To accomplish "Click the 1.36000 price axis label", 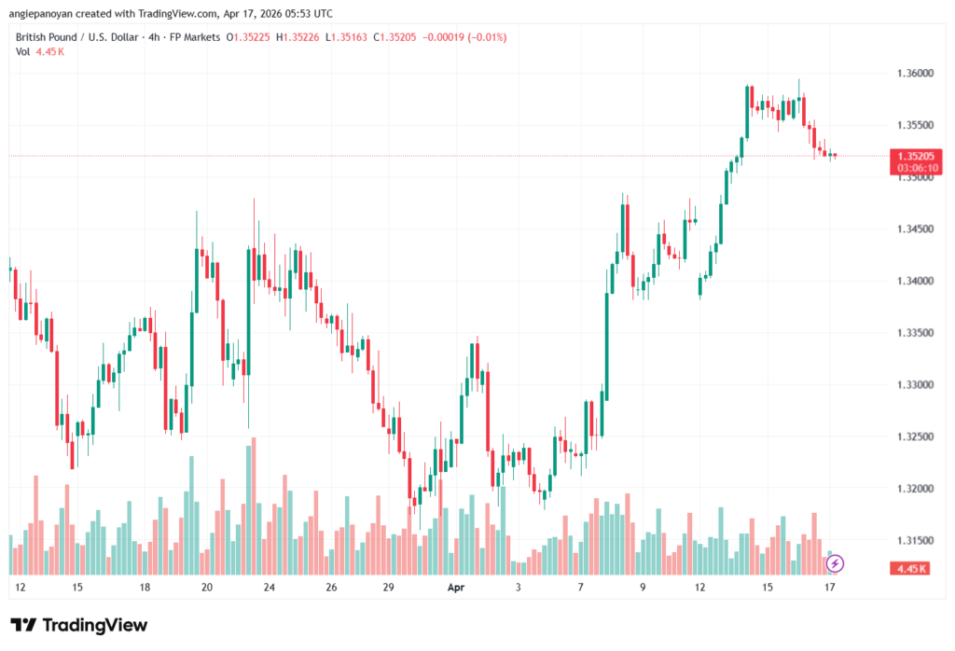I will [x=913, y=74].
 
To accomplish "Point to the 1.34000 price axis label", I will [x=913, y=282].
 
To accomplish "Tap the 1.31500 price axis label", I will [x=913, y=541].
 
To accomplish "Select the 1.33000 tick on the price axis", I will [x=913, y=385].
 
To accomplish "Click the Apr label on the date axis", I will [x=455, y=588].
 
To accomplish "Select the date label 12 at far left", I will [x=21, y=588].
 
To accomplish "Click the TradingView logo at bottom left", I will [x=79, y=625].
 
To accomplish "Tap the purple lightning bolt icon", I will [x=836, y=563].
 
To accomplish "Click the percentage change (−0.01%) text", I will [x=478, y=37].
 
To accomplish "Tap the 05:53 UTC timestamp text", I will [x=309, y=13].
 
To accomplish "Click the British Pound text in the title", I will [x=50, y=37].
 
